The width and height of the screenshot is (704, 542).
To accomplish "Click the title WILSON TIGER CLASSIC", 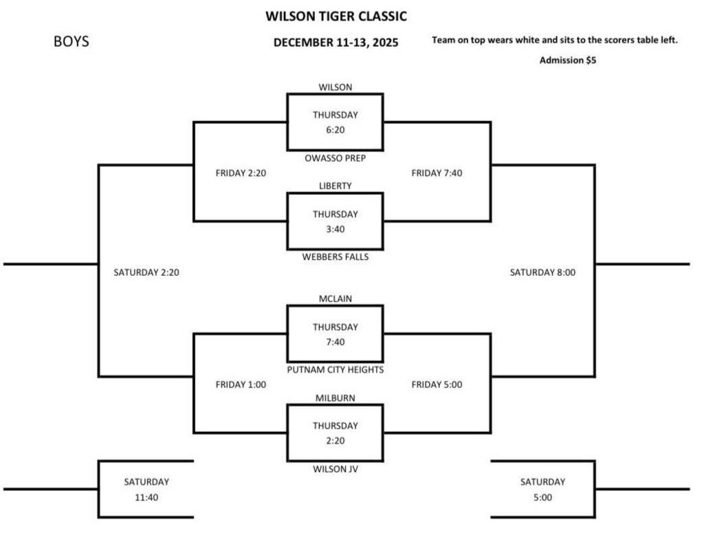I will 335,16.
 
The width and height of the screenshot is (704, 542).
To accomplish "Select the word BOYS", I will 71,42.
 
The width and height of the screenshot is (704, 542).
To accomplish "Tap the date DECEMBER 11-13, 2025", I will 335,43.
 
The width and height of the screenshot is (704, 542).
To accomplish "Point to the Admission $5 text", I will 567,61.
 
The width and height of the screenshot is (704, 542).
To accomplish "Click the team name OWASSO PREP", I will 335,158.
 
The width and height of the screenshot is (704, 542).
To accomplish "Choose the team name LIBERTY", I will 335,186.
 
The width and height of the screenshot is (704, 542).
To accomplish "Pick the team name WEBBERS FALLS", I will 335,257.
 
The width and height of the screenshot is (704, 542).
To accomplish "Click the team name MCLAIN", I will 335,299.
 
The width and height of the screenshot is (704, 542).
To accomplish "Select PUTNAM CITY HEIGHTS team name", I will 335,370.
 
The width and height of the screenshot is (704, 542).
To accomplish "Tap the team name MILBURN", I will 335,398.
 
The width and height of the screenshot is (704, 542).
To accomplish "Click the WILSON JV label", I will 335,469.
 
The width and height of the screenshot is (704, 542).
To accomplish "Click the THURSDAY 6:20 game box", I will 335,122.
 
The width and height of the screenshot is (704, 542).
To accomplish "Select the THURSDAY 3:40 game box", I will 335,221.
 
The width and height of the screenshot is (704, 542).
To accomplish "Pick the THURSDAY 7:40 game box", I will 335,334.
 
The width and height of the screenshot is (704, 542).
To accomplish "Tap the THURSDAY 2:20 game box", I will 335,433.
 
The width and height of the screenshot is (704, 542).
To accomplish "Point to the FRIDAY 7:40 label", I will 437,173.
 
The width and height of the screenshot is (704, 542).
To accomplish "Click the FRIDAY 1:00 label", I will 241,384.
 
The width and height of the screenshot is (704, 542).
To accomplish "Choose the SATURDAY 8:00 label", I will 542,272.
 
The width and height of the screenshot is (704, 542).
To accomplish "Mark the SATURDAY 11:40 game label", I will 146,489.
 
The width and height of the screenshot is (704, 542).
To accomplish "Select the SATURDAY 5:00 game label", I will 542,489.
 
